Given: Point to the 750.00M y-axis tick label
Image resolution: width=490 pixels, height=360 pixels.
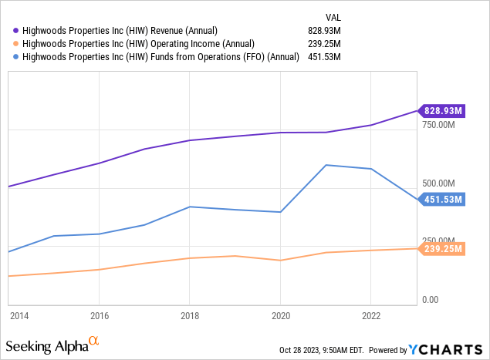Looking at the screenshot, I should click(444, 125).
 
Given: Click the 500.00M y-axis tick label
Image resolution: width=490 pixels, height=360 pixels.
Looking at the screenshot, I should click(444, 183).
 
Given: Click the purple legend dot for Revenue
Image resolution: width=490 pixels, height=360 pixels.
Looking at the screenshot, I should click(15, 29).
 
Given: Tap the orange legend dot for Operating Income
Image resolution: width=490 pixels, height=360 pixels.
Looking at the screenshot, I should click(15, 42).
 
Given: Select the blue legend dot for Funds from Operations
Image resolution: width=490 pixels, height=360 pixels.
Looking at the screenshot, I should click(15, 56).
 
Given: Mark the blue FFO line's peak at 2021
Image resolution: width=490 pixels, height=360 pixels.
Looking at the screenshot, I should click(326, 165).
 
